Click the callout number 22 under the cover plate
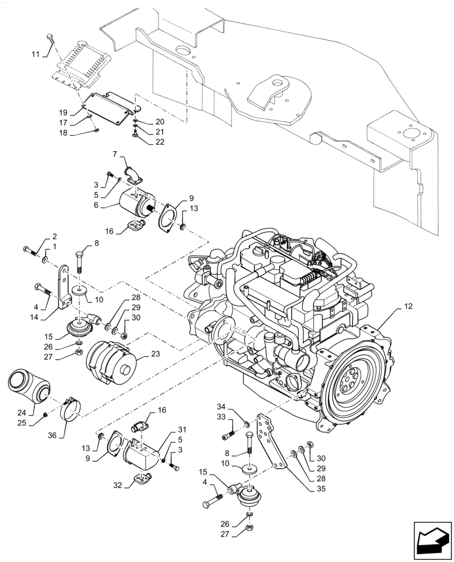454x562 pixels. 144,142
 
